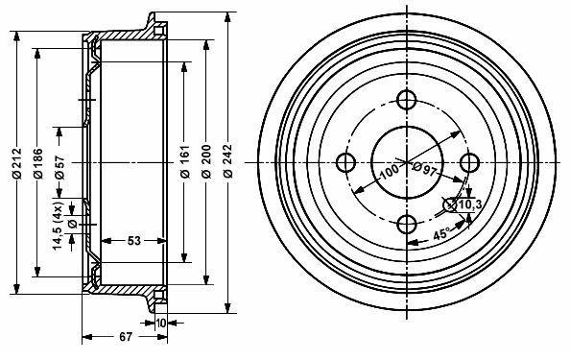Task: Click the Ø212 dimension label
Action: (17, 163)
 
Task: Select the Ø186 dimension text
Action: (37, 163)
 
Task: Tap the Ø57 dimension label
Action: (59, 167)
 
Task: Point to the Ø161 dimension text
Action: (185, 161)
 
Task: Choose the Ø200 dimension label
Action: (206, 161)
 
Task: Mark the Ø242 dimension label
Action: (227, 161)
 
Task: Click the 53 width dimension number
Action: (133, 240)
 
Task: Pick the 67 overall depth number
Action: (126, 337)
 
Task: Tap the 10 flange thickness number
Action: (161, 323)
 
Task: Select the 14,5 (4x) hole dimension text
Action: (59, 226)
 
